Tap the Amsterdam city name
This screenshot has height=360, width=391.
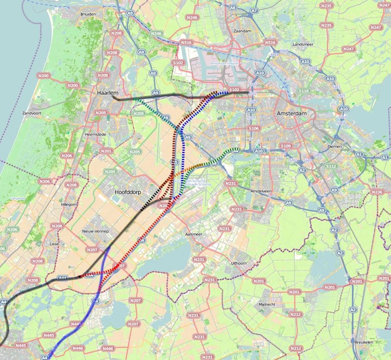(x=292, y=113)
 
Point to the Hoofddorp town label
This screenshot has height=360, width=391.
(x=128, y=192)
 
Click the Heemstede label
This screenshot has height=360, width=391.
(x=95, y=134)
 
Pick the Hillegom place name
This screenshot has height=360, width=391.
(x=69, y=204)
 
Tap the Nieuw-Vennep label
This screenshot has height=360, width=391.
(x=96, y=231)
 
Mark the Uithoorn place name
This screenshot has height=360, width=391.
(x=239, y=263)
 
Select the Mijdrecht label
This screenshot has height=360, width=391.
(x=267, y=304)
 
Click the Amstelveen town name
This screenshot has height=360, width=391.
(x=261, y=191)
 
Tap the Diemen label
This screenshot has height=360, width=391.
(x=335, y=146)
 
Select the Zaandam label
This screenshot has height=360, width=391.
(x=242, y=31)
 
